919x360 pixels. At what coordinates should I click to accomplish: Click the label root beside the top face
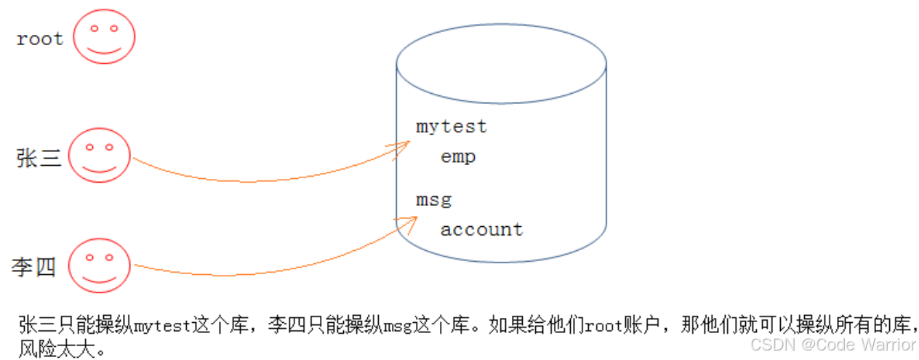click(x=40, y=39)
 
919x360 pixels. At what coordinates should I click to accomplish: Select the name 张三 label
click(x=39, y=157)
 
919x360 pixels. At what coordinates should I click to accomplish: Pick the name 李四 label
click(x=33, y=267)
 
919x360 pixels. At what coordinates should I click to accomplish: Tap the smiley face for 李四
click(x=100, y=264)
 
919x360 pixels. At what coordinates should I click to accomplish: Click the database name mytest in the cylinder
click(x=451, y=127)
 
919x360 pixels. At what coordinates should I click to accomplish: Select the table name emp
click(x=458, y=156)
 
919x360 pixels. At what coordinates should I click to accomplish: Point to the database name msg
click(x=434, y=199)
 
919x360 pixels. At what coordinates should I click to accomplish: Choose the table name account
click(x=481, y=230)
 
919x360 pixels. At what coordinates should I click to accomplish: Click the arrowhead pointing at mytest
click(x=402, y=148)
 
